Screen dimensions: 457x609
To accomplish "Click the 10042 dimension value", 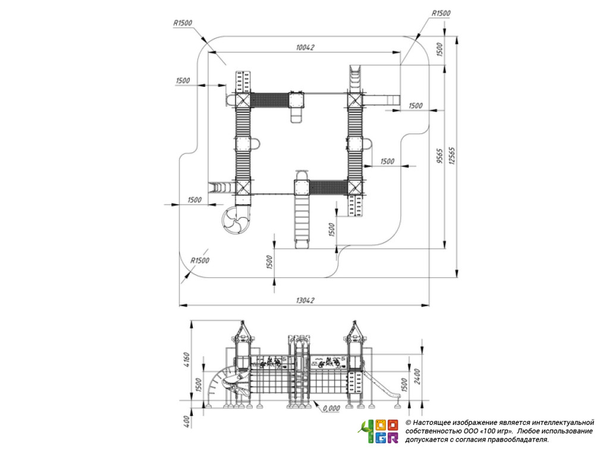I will (x=304, y=48).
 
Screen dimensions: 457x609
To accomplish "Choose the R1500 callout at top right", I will (x=441, y=13).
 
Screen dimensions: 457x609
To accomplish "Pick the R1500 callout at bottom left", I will (x=200, y=261).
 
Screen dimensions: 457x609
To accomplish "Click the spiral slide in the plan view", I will (x=236, y=222).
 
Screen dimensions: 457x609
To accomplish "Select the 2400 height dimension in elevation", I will (x=417, y=376).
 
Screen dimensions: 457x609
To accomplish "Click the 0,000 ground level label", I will (x=330, y=409).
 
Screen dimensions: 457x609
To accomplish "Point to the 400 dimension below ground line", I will (x=186, y=420).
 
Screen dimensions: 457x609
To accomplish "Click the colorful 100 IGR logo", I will (x=378, y=431).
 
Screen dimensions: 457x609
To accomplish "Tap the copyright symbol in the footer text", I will (x=408, y=422).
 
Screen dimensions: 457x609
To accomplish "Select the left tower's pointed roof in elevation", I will (x=243, y=328).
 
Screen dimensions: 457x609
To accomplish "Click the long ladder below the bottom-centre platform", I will (x=302, y=218).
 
